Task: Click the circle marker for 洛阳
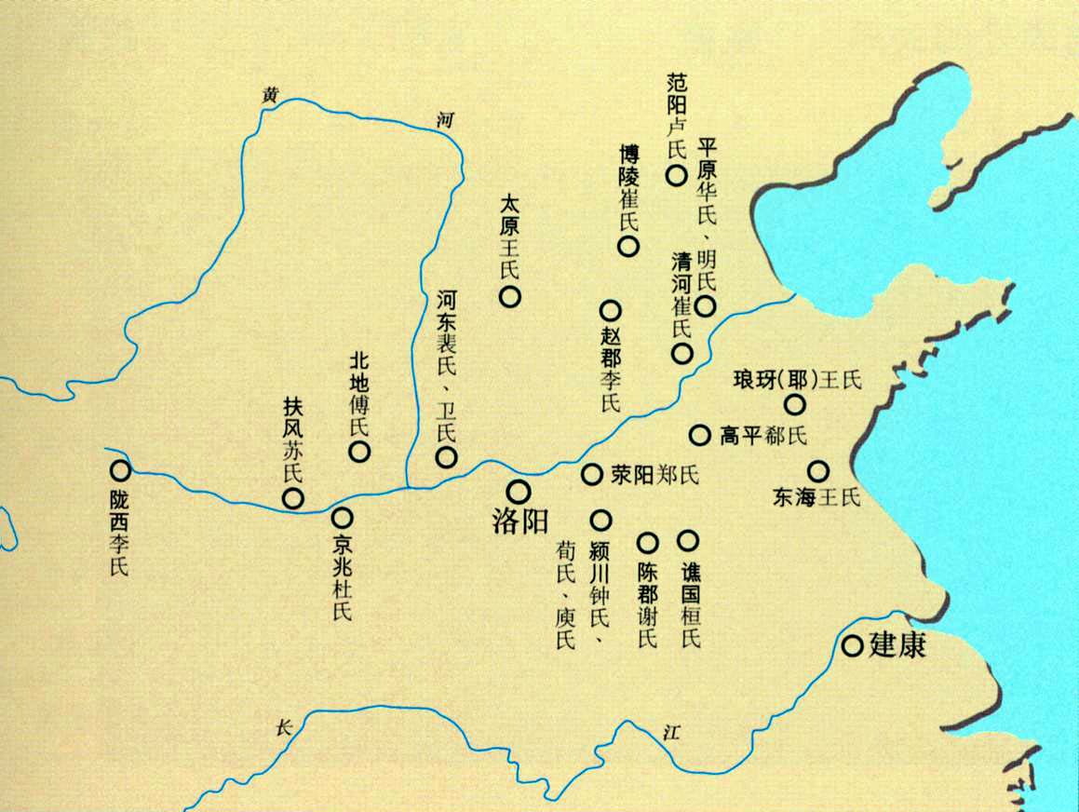tap(518, 491)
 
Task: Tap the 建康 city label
tap(897, 645)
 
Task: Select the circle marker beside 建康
tap(852, 645)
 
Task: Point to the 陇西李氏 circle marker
tap(118, 471)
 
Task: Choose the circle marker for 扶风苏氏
tap(292, 497)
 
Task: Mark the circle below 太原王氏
tap(509, 297)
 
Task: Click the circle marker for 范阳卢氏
tap(675, 174)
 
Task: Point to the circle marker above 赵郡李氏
tap(610, 310)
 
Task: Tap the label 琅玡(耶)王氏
tap(799, 380)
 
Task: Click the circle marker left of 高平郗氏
tap(699, 434)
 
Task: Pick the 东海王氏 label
tap(816, 497)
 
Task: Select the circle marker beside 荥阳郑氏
tap(592, 474)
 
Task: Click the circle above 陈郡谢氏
tap(647, 541)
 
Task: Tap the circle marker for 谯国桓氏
tap(688, 539)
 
